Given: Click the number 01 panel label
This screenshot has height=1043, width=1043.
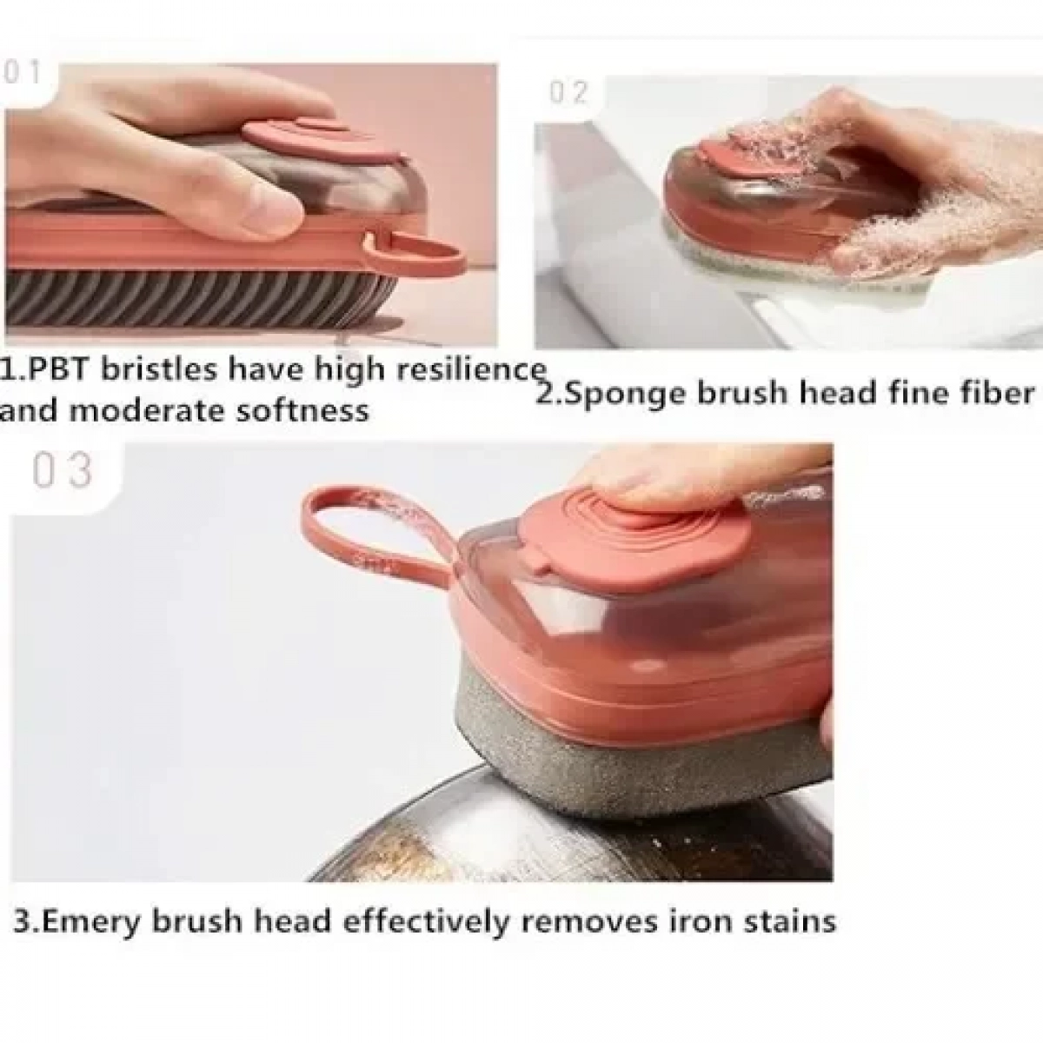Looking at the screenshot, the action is [x=21, y=72].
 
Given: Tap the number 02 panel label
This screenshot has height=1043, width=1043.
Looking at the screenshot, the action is [x=568, y=92].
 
